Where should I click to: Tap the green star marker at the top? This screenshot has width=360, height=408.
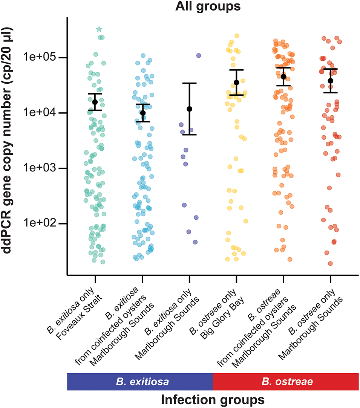(99, 29)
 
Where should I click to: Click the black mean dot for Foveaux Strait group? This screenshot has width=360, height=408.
(95, 102)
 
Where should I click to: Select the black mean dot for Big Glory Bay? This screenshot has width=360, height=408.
(236, 83)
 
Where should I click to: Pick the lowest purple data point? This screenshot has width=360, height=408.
(195, 242)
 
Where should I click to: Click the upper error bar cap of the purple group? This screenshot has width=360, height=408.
(190, 83)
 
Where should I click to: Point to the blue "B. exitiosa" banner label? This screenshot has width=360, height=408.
(140, 382)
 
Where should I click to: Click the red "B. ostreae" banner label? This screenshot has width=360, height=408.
(286, 382)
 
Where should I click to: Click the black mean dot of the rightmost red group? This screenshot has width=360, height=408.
(331, 81)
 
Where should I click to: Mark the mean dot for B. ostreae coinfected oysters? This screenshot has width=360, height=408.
(283, 76)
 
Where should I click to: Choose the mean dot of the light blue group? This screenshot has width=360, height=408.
(142, 113)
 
